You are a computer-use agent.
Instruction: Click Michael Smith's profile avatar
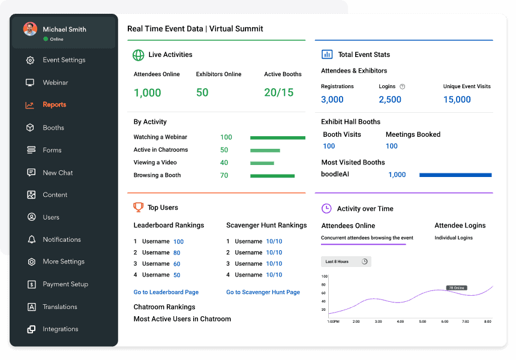pos(30,29)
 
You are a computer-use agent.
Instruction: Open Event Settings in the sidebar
pos(64,60)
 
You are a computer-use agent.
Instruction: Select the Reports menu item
pos(54,105)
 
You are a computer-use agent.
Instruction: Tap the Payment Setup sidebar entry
pos(65,284)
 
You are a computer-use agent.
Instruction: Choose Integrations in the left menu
pos(60,329)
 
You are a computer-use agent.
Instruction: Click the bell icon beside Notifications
pos(31,239)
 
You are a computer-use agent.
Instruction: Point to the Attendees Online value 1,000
pos(148,92)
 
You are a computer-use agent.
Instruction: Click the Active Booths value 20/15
pos(279,92)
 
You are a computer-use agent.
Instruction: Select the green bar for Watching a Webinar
pos(277,137)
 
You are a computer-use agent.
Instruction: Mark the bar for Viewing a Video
pos(262,163)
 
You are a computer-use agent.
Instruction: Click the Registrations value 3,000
pos(332,100)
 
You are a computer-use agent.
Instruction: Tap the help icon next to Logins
pos(403,86)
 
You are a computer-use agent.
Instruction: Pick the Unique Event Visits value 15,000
pos(457,100)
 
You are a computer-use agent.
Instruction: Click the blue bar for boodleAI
pos(455,175)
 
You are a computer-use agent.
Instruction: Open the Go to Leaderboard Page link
pos(166,292)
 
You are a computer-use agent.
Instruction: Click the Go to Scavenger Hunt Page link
pos(263,292)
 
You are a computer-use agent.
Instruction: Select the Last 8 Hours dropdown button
pos(346,262)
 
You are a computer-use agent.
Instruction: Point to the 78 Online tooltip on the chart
pos(457,288)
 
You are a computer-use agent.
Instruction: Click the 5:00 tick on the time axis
pos(422,322)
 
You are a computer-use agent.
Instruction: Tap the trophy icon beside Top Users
pos(138,208)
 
